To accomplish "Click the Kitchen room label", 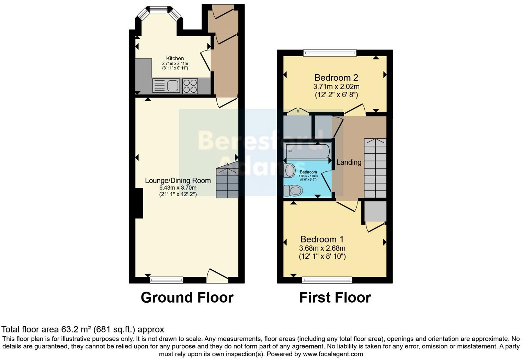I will [175, 58].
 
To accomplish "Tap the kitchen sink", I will [166, 86].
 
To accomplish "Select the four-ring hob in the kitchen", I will [190, 86].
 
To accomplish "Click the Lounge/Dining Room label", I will [178, 181].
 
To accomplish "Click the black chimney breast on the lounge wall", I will [139, 203].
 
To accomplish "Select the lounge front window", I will [167, 280].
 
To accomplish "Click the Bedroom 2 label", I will [336, 78].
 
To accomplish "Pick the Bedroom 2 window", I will [330, 53].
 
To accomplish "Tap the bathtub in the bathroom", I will [307, 151].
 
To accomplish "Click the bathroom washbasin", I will [290, 170].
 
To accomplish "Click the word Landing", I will [349, 162].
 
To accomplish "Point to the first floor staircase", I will [375, 168].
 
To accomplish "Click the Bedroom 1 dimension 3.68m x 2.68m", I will [322, 248].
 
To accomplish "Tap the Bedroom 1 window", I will [327, 280].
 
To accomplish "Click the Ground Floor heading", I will [187, 297].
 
